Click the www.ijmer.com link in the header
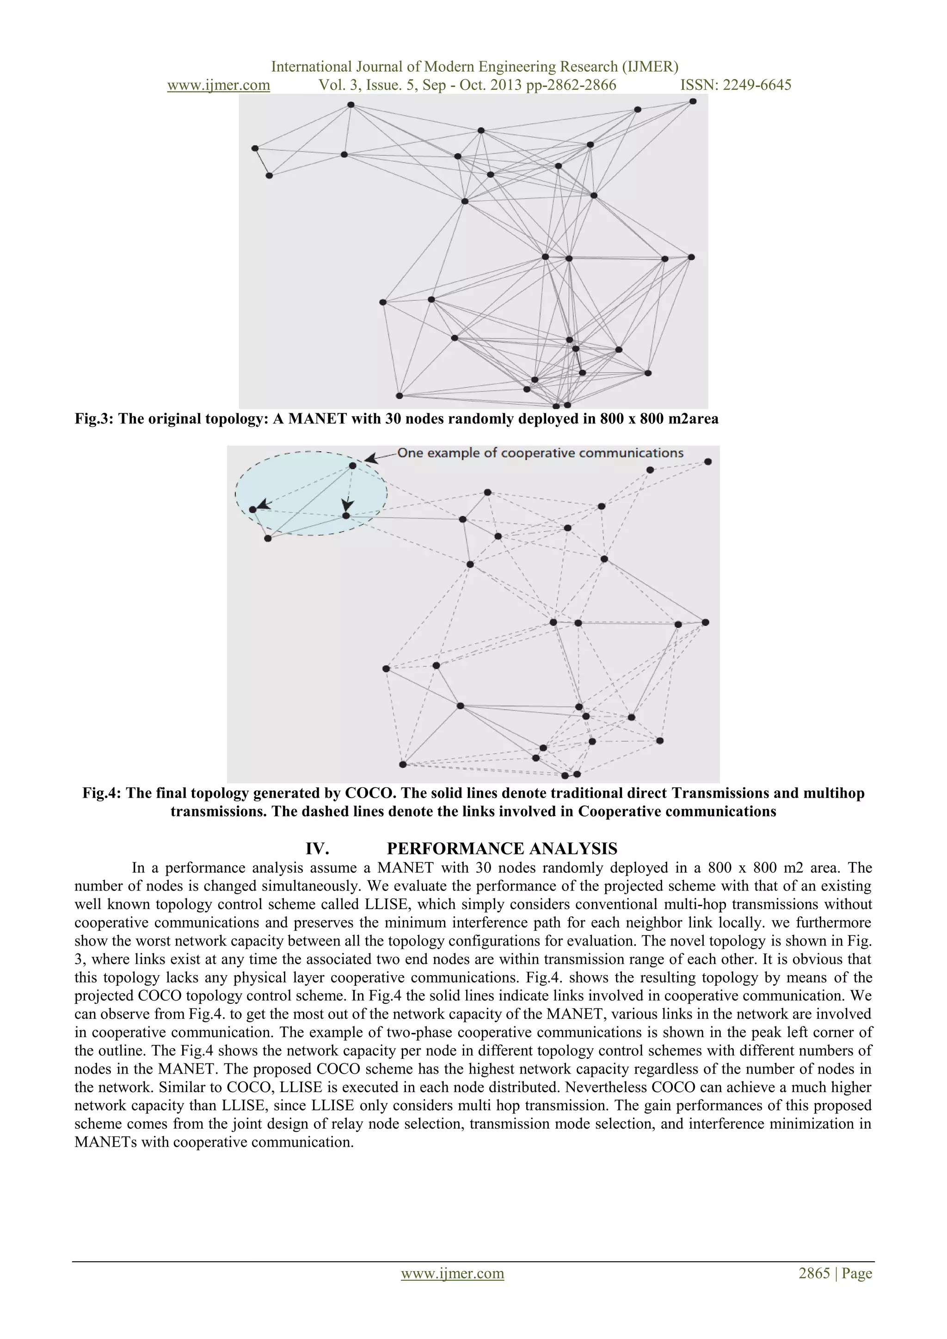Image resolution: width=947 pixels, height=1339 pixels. click(218, 85)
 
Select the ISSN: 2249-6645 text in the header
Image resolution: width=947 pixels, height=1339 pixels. click(736, 85)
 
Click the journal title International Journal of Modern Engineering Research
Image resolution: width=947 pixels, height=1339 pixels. click(475, 67)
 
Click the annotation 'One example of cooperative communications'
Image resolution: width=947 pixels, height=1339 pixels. click(540, 453)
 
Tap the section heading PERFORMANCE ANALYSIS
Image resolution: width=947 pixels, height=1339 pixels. click(502, 848)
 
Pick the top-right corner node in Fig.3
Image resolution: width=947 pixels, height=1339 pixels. click(693, 101)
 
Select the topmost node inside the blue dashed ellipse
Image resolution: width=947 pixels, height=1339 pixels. click(352, 466)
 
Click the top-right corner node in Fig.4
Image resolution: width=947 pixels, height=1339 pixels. click(708, 461)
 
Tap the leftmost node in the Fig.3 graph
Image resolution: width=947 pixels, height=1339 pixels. click(255, 148)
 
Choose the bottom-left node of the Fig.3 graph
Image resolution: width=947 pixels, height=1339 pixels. click(400, 395)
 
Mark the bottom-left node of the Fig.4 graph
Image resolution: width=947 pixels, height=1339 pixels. click(402, 764)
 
